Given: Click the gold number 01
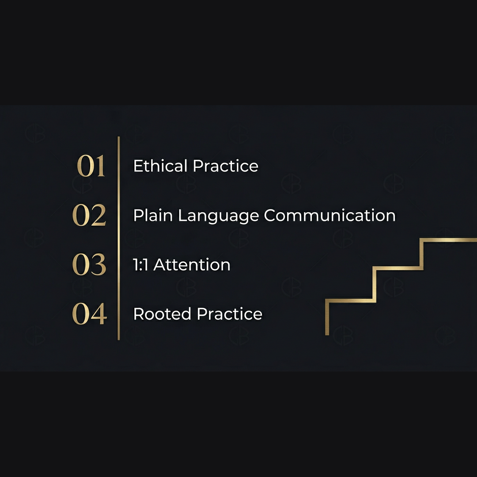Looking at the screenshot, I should coord(91,167).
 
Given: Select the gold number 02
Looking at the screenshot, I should coord(89,216).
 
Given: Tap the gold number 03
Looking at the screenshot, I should coord(89,265).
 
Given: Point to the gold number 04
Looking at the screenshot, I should coord(89,314).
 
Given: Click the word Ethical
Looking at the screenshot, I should coord(160,166).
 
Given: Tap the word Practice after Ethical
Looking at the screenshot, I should coord(226,166).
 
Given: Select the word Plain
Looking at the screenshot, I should coord(153,216).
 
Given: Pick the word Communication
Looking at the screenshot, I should coord(329,216).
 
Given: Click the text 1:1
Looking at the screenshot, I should coord(141,265).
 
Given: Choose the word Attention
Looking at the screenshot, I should coord(192,265).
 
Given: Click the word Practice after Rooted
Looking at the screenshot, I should coord(230,314).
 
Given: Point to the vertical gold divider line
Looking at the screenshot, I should coord(118,238).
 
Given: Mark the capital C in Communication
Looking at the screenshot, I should coord(270,216).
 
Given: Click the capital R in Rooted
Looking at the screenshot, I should coord(138,314).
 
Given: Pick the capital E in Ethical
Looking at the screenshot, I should coord(137,166).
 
